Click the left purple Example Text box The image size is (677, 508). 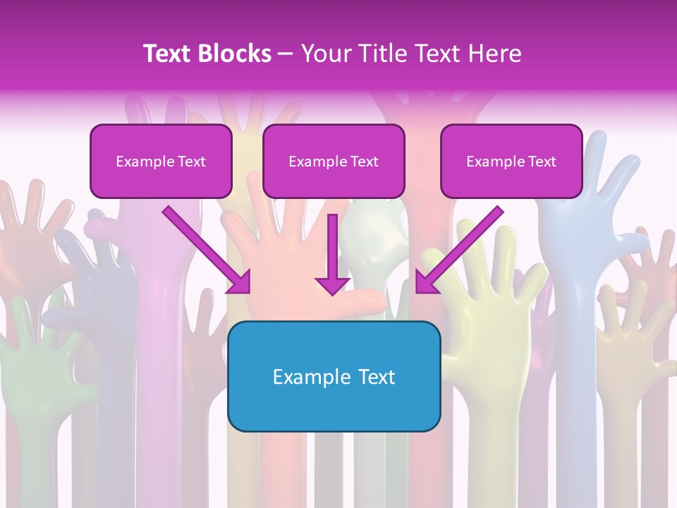click(161, 162)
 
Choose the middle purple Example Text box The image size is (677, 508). click(334, 162)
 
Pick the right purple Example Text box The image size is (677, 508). click(511, 162)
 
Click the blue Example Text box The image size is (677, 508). click(334, 376)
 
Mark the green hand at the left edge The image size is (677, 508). click(42, 367)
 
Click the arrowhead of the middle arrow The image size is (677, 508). click(332, 285)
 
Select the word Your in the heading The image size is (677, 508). click(323, 54)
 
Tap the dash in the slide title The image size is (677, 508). click(286, 54)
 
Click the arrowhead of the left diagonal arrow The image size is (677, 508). click(240, 283)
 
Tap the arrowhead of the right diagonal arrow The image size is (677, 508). click(425, 283)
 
